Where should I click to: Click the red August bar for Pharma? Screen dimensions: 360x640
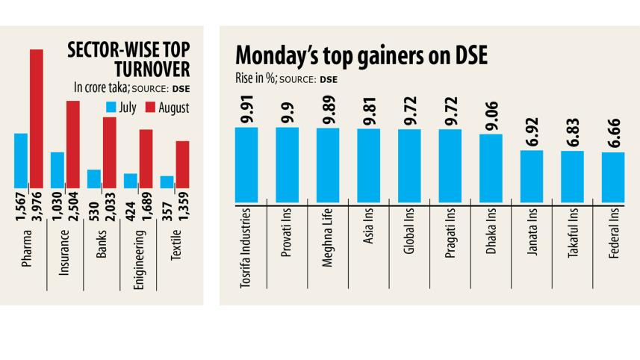tap(37, 118)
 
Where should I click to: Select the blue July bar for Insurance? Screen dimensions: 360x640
tap(58, 170)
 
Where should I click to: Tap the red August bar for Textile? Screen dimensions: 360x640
tap(182, 164)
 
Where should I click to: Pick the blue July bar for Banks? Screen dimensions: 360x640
tap(94, 179)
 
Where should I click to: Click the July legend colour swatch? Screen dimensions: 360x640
tap(114, 108)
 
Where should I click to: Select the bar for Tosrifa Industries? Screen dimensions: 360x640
tap(246, 164)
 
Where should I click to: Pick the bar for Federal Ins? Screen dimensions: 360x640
tap(613, 177)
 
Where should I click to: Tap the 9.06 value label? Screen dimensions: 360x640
tap(491, 118)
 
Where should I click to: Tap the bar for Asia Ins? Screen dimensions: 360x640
tap(369, 165)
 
